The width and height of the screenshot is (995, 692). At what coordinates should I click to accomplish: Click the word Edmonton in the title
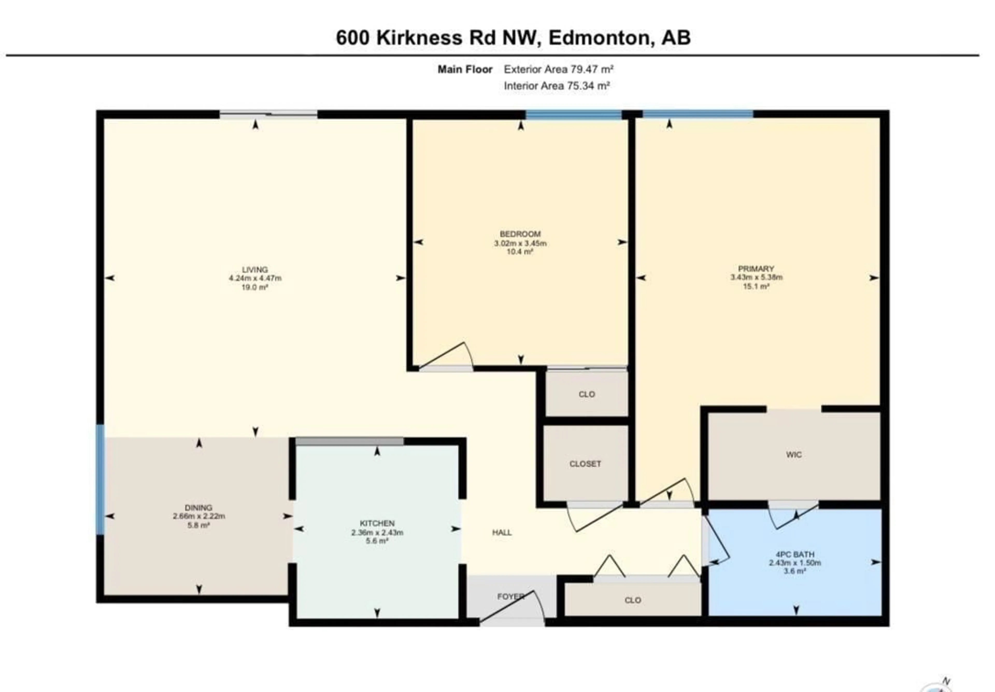pyautogui.click(x=600, y=38)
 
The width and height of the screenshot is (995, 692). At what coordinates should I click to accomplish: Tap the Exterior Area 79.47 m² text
pyautogui.click(x=558, y=69)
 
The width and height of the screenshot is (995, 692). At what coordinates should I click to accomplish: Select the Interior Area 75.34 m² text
pyautogui.click(x=556, y=86)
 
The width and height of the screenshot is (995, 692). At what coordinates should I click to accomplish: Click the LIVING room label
pyautogui.click(x=255, y=269)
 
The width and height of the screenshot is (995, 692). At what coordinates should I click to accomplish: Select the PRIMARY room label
pyautogui.click(x=756, y=268)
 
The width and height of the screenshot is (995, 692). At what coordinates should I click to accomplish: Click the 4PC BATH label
pyautogui.click(x=795, y=554)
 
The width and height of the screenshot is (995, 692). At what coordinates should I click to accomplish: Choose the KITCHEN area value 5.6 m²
pyautogui.click(x=376, y=541)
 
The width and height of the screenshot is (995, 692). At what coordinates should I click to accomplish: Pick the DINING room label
pyautogui.click(x=198, y=507)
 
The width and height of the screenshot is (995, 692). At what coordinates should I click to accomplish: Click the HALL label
pyautogui.click(x=502, y=533)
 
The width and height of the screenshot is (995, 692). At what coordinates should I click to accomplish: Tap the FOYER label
pyautogui.click(x=510, y=596)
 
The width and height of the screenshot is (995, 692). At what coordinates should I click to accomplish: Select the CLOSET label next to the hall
pyautogui.click(x=585, y=464)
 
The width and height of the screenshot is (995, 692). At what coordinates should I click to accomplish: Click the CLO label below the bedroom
pyautogui.click(x=586, y=394)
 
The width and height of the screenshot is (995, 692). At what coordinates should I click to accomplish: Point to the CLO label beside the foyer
pyautogui.click(x=633, y=600)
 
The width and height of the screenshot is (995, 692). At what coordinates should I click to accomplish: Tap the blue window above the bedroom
pyautogui.click(x=573, y=115)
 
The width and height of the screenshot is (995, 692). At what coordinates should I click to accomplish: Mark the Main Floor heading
pyautogui.click(x=465, y=69)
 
